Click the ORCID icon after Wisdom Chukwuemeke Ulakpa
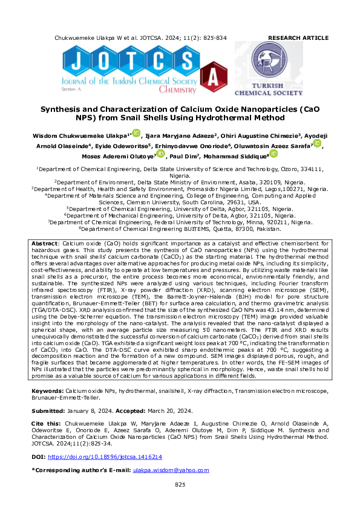click(x=136, y=134)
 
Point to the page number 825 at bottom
click(x=180, y=485)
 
